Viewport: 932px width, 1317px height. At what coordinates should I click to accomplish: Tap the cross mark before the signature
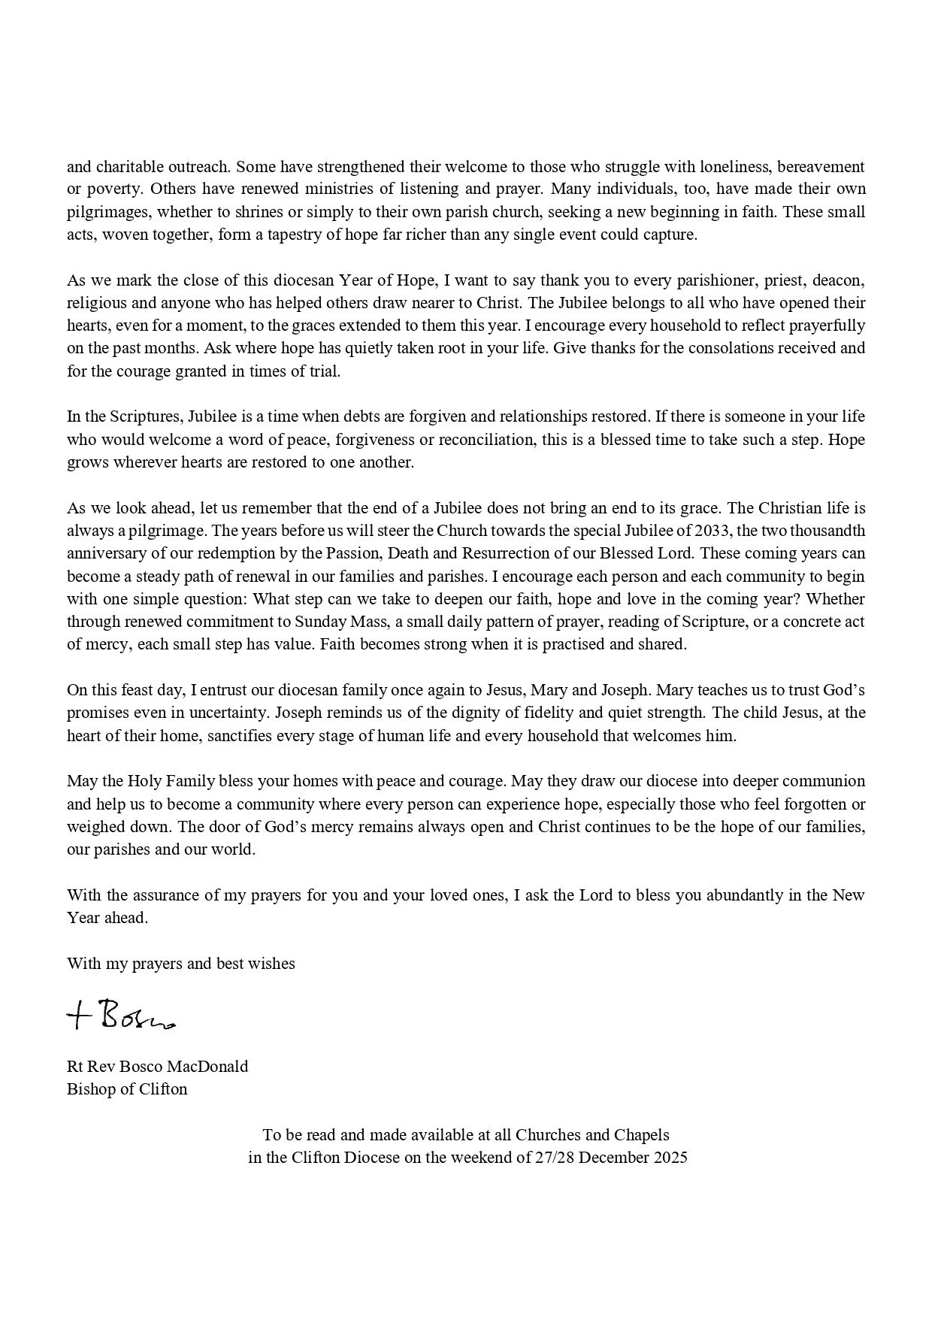[78, 1017]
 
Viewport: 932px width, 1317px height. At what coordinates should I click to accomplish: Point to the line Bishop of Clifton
[127, 1088]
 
